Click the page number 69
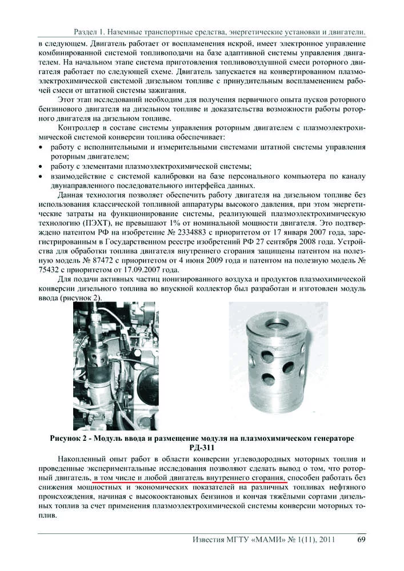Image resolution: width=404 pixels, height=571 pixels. pyautogui.click(x=361, y=539)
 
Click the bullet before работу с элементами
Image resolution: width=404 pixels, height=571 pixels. pyautogui.click(x=42, y=166)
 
